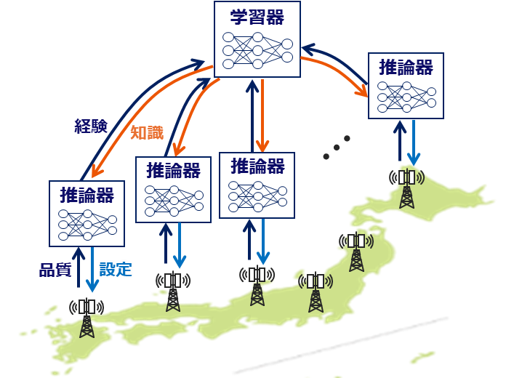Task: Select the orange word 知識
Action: click(147, 132)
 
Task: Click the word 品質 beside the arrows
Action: click(55, 270)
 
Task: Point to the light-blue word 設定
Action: click(116, 270)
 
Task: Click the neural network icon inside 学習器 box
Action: click(257, 49)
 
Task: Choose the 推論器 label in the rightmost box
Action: click(406, 68)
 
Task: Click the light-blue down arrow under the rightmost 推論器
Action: click(414, 142)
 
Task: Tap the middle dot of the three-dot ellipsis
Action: click(337, 148)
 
